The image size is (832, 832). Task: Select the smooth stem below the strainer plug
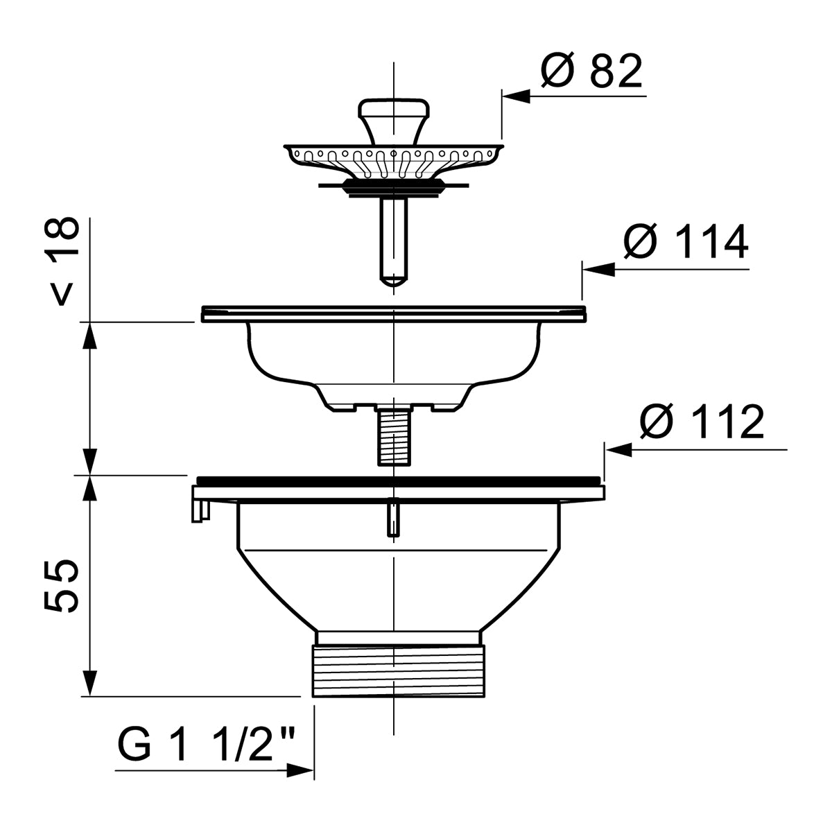(x=393, y=236)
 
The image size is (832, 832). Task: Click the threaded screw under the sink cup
(x=392, y=437)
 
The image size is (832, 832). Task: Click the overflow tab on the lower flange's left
(x=198, y=510)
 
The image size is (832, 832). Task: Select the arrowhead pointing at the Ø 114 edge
(x=598, y=270)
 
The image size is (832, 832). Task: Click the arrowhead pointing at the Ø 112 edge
(x=619, y=450)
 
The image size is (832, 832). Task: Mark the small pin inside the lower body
(x=392, y=518)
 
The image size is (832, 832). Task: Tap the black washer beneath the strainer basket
(x=393, y=185)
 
